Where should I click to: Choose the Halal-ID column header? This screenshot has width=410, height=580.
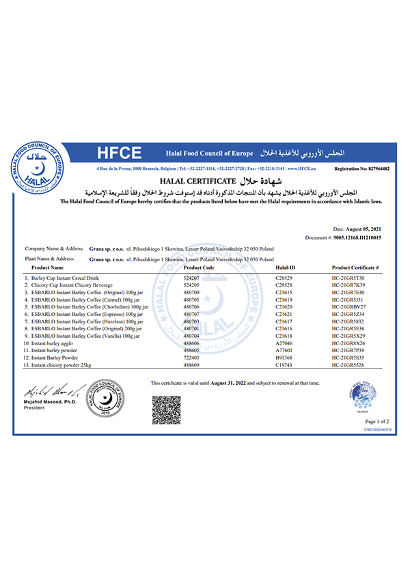(x=285, y=269)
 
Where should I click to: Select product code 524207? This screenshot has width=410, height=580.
(x=193, y=278)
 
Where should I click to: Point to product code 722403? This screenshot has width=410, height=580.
(x=193, y=356)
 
